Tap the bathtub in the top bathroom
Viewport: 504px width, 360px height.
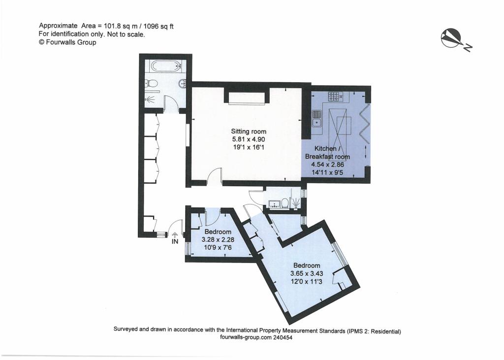click(x=165, y=66)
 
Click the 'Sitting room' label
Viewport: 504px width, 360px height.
click(x=249, y=131)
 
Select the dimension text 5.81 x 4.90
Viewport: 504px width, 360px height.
click(x=249, y=139)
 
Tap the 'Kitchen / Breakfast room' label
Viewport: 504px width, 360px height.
click(x=327, y=153)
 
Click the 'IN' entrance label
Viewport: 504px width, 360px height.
click(x=175, y=242)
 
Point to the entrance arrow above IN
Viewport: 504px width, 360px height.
click(x=175, y=234)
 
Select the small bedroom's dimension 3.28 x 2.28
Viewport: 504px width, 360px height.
click(x=218, y=240)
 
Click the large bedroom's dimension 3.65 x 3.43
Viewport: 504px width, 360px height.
click(x=306, y=274)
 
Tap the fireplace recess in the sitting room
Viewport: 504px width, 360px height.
click(x=247, y=98)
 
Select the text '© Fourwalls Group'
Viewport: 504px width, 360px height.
click(x=67, y=42)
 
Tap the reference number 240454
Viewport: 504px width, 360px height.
click(x=283, y=338)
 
